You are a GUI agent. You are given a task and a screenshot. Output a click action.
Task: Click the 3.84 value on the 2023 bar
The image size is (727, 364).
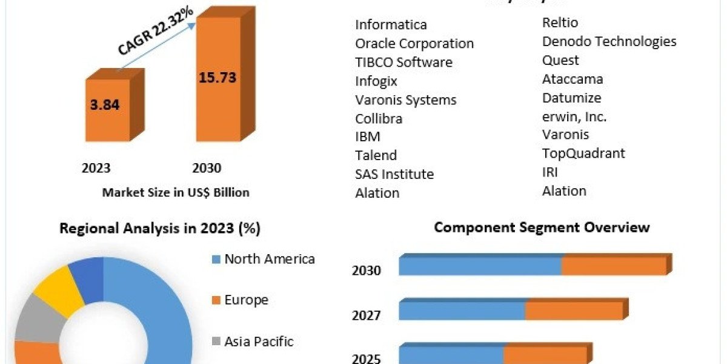pyautogui.click(x=105, y=104)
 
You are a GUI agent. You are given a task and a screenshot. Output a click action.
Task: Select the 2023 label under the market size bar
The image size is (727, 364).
pyautogui.click(x=96, y=168)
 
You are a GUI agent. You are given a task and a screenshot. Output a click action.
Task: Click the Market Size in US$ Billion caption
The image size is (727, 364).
pyautogui.click(x=176, y=192)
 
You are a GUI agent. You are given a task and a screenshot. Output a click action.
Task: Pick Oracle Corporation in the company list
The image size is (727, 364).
pyautogui.click(x=414, y=44)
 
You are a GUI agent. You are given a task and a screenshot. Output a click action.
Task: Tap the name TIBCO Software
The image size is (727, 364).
pyautogui.click(x=403, y=62)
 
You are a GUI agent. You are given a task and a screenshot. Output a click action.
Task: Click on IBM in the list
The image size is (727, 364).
pyautogui.click(x=368, y=136)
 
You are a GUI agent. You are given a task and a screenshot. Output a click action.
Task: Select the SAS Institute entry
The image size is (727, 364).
pyautogui.click(x=394, y=174)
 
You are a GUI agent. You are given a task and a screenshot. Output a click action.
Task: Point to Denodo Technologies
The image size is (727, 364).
pyautogui.click(x=609, y=41)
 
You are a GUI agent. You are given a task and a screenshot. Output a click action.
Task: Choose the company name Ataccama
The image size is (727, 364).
pyautogui.click(x=573, y=79)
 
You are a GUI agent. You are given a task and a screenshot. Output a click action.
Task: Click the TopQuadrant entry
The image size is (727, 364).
pyautogui.click(x=583, y=153)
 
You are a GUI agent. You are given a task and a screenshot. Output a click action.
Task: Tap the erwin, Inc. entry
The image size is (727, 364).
pyautogui.click(x=574, y=116)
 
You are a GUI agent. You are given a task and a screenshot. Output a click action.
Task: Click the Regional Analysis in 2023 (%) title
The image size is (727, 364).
pyautogui.click(x=160, y=229)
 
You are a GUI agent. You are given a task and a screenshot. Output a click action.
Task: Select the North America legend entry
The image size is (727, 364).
pyautogui.click(x=270, y=259)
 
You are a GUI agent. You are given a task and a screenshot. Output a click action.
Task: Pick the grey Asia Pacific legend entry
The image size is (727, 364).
pyautogui.click(x=259, y=342)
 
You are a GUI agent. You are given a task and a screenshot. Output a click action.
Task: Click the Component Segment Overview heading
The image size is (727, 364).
pyautogui.click(x=542, y=227)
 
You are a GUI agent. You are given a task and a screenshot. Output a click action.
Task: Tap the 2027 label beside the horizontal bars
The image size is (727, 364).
pyautogui.click(x=367, y=315)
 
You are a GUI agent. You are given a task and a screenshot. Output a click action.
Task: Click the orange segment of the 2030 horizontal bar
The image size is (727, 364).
pyautogui.click(x=614, y=266)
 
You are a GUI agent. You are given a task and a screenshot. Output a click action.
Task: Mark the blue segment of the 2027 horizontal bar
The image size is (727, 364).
pyautogui.click(x=462, y=311)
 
